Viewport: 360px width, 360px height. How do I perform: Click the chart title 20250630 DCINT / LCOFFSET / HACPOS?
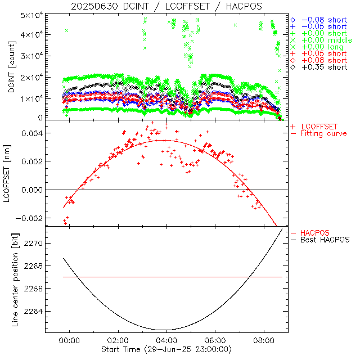[x=166, y=6]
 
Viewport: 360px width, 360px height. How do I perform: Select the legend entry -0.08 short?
[x=323, y=20]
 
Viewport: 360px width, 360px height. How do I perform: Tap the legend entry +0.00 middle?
[x=327, y=40]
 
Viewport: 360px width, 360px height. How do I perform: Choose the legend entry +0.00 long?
[x=323, y=47]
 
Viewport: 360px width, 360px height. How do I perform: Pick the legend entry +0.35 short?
[x=323, y=67]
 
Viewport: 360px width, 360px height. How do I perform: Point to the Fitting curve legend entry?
[x=323, y=134]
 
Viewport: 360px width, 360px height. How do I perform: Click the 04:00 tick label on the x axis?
[x=166, y=340]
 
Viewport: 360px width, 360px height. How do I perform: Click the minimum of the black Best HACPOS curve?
[x=163, y=330]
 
